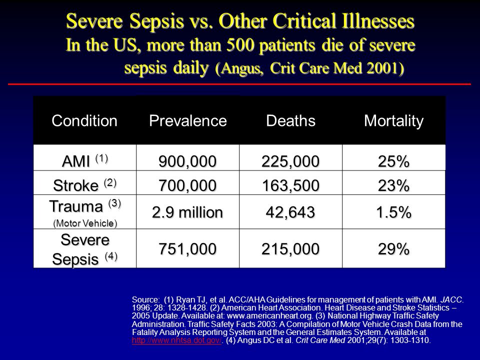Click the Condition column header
click(84, 120)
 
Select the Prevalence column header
click(187, 120)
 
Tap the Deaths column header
click(290, 120)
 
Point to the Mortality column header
click(393, 121)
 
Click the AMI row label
click(85, 160)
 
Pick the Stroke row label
click(85, 184)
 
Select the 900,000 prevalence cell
click(187, 161)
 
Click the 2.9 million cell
click(187, 212)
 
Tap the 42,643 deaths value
click(290, 212)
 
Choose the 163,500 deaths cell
click(290, 185)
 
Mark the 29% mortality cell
click(393, 249)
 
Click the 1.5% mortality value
click(393, 212)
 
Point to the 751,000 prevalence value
click(187, 249)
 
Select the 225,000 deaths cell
click(290, 161)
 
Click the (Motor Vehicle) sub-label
click(85, 223)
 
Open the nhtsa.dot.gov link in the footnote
click(176, 340)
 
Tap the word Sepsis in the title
click(156, 21)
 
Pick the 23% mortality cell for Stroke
click(393, 185)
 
